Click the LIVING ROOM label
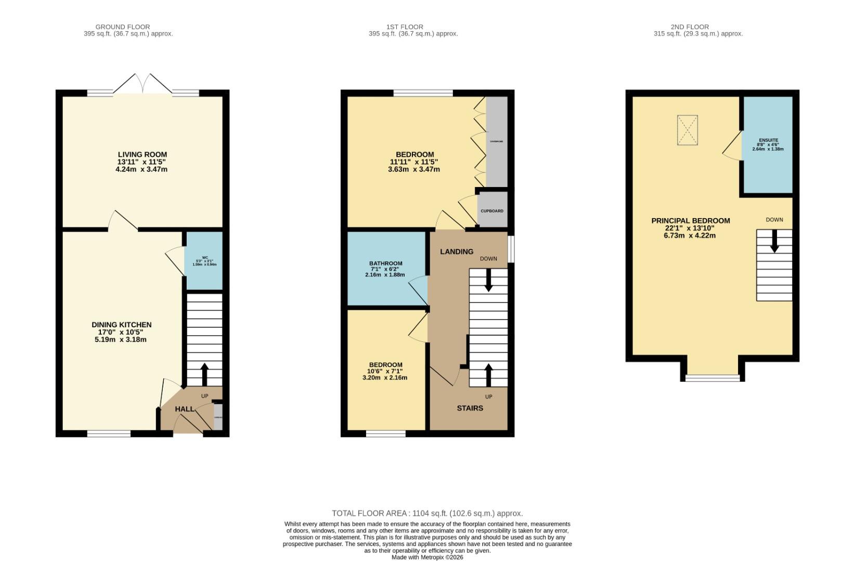click(x=142, y=154)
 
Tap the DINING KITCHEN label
click(x=122, y=325)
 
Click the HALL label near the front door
click(x=184, y=409)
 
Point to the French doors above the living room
click(x=143, y=84)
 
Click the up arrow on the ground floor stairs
click(x=204, y=372)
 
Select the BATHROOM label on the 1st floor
click(x=386, y=263)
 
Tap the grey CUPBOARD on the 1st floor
click(x=492, y=210)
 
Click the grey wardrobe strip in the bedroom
click(x=496, y=141)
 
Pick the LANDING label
click(x=457, y=251)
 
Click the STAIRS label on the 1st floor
click(x=470, y=408)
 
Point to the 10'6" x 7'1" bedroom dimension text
click(x=385, y=371)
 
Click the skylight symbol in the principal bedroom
click(x=687, y=130)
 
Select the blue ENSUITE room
click(x=768, y=144)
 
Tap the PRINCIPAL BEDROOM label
click(x=691, y=220)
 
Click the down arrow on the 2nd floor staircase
click(x=774, y=242)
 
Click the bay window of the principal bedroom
click(x=712, y=378)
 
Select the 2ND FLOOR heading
click(x=690, y=26)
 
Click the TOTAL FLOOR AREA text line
click(x=427, y=513)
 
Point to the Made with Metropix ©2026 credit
click(x=427, y=557)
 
